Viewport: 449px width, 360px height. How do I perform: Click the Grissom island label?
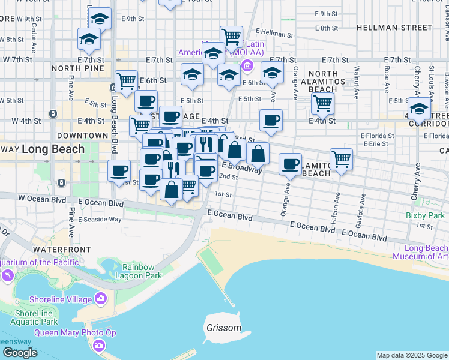(x=224, y=328)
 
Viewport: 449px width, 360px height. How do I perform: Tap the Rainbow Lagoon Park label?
(x=142, y=271)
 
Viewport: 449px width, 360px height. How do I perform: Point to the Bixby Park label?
(x=424, y=215)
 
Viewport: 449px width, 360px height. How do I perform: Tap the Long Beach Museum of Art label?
(x=421, y=253)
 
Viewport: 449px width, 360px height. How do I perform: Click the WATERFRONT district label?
(x=62, y=249)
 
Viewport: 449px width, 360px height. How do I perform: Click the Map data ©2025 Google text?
(x=412, y=356)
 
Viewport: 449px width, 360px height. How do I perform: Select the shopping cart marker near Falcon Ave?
(x=341, y=160)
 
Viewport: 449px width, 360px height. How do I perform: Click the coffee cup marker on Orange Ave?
(x=291, y=164)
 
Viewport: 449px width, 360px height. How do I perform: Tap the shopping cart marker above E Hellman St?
(x=231, y=37)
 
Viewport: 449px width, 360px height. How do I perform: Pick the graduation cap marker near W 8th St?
(x=89, y=40)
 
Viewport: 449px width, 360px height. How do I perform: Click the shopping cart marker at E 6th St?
(x=127, y=80)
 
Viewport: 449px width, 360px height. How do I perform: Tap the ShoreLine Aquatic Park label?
(x=33, y=317)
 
